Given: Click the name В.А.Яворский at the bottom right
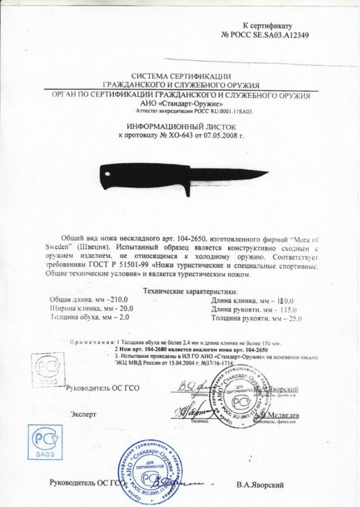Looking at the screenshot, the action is [258, 485].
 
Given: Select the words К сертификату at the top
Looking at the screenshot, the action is [266, 25].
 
